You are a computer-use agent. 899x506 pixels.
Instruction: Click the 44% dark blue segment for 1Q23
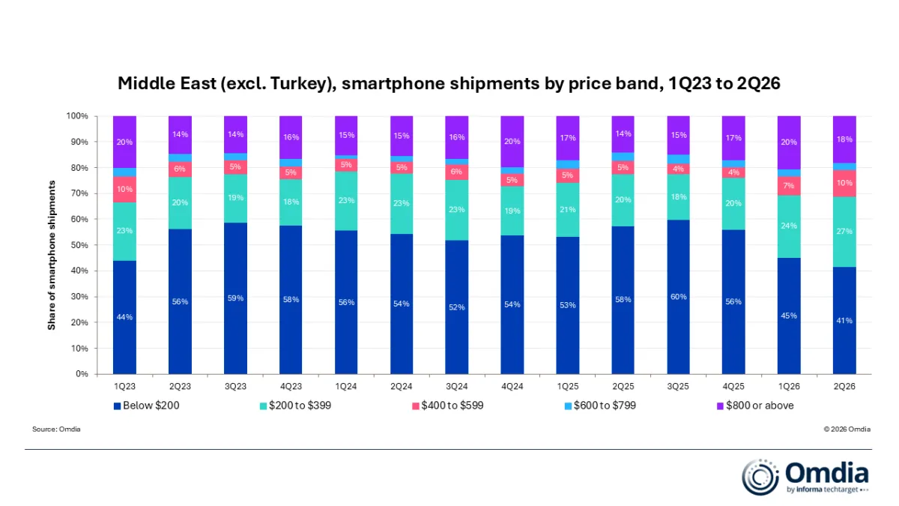(124, 317)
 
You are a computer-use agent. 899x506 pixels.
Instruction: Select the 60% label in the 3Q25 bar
(678, 297)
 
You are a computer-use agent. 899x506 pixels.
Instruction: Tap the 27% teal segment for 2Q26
(844, 232)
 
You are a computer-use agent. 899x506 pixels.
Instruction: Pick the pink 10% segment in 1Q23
(124, 190)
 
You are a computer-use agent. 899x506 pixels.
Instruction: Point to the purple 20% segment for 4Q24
(512, 142)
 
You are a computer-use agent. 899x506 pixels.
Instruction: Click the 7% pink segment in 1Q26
(789, 186)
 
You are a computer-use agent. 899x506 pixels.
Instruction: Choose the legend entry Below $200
(147, 406)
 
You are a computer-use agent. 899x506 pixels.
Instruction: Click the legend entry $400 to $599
(448, 406)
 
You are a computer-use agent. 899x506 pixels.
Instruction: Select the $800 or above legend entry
(755, 406)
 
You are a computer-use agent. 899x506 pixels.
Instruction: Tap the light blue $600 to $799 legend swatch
(568, 406)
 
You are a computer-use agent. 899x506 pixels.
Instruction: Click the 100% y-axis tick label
(77, 116)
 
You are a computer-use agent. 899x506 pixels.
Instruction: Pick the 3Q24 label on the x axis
(457, 386)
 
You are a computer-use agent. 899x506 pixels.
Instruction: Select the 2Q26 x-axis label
(844, 386)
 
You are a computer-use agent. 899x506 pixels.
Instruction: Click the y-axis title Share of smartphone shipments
(52, 256)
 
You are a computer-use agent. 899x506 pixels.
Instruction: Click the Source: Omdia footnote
(56, 430)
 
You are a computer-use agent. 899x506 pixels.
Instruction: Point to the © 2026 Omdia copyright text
(847, 430)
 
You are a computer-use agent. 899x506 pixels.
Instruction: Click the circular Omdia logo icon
(760, 477)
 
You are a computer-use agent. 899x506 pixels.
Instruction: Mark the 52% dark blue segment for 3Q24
(457, 307)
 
